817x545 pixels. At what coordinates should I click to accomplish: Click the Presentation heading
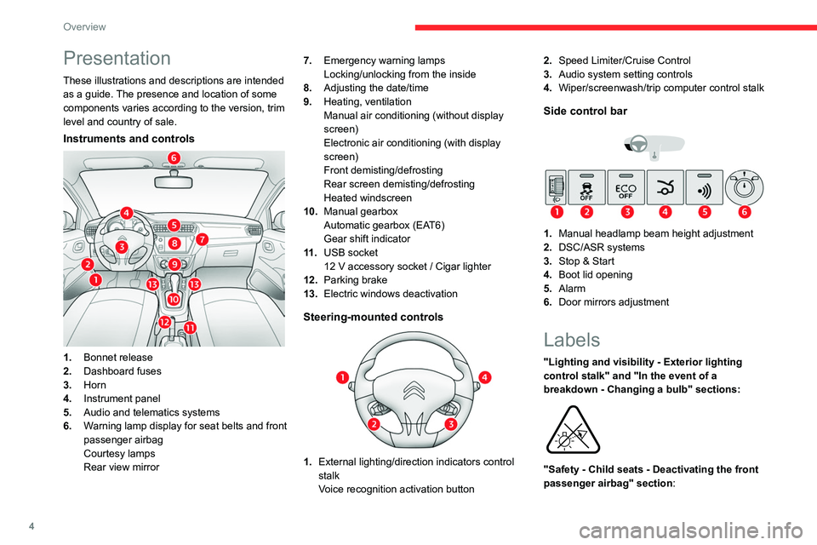tap(117, 58)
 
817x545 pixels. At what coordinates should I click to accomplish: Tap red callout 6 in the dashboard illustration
tap(174, 158)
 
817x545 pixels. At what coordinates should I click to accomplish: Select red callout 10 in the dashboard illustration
tap(174, 300)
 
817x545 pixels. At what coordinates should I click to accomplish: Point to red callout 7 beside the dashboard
tap(203, 240)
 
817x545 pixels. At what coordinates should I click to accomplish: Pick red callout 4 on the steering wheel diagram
tap(484, 377)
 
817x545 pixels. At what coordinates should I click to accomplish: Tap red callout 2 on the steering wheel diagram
tap(373, 424)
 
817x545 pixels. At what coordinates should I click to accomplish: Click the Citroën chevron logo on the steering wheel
tap(414, 393)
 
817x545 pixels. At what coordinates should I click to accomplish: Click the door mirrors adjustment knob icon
tap(745, 186)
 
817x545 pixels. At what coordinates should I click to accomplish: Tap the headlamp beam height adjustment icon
tap(554, 186)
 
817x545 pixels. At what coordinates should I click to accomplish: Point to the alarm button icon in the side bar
tap(705, 186)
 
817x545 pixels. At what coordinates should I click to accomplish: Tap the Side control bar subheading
tap(585, 111)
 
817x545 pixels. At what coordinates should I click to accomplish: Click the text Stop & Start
tap(588, 261)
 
